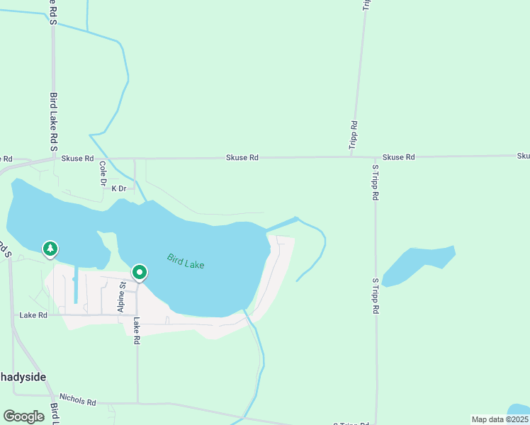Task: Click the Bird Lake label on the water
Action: coord(186,261)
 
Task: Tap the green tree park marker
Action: coord(50,249)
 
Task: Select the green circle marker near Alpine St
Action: coord(140,273)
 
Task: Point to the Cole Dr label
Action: coord(103,174)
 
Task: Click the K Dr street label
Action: coord(118,188)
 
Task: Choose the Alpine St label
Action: coord(121,297)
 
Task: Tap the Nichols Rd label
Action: coord(77,400)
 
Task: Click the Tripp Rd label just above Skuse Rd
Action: coord(353,135)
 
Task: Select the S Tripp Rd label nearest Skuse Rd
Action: coord(376,182)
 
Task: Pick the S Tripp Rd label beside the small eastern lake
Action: coord(376,296)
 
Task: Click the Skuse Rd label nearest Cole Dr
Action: coord(77,159)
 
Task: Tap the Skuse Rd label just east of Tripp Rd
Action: coord(398,157)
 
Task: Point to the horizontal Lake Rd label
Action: coord(33,314)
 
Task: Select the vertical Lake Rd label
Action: coord(137,331)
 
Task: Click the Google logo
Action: coord(24,416)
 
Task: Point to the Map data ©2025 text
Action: coord(500,419)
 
